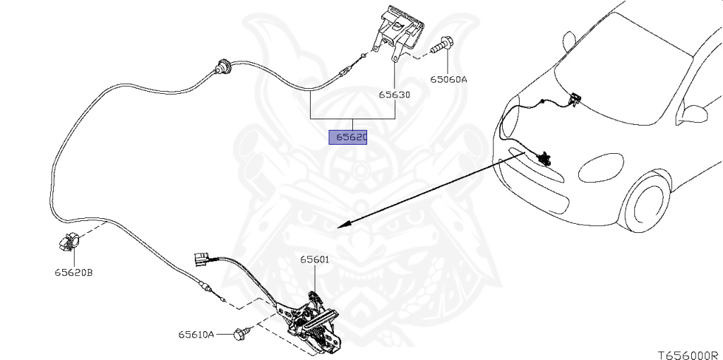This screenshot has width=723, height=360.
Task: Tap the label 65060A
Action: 449,80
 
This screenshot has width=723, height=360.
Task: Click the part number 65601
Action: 315,260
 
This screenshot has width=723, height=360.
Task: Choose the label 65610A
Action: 196,335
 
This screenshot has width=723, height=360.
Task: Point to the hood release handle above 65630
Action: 399,29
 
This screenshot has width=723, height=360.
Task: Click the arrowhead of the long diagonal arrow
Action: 342,226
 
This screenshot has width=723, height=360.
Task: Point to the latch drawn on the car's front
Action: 543,158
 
